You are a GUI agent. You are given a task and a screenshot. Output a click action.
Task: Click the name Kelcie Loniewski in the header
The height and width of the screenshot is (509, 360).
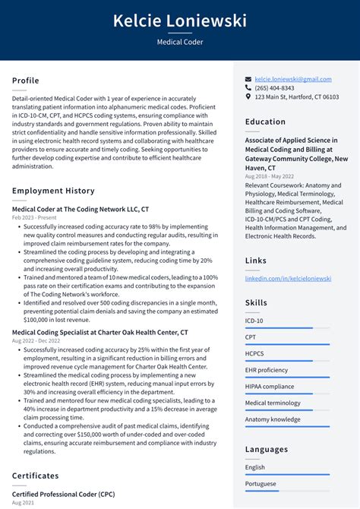click(x=180, y=21)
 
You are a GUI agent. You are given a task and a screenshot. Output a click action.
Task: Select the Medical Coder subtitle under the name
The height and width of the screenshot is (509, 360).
click(x=180, y=43)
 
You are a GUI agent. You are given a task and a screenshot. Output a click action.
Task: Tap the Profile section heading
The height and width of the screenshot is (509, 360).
click(x=26, y=81)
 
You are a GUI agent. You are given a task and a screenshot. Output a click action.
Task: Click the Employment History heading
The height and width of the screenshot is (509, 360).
click(x=53, y=191)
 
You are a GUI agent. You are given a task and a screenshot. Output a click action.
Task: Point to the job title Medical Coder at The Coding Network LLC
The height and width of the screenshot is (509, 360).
click(x=81, y=209)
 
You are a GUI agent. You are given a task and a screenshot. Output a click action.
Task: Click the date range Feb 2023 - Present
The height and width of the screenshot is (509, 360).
click(x=35, y=217)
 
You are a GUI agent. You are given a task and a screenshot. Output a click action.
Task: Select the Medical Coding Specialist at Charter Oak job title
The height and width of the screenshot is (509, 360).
click(x=100, y=333)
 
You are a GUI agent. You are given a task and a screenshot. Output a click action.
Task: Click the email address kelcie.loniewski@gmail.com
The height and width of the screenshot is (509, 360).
click(x=293, y=79)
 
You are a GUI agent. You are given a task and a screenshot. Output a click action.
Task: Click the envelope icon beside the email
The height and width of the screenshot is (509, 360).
click(x=248, y=79)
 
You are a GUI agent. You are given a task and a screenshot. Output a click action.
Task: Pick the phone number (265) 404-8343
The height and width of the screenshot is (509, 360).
click(x=274, y=88)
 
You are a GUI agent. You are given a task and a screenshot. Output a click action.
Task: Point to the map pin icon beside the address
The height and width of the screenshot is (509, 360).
click(x=248, y=97)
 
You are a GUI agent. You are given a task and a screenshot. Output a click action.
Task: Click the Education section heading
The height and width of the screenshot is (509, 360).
click(x=265, y=122)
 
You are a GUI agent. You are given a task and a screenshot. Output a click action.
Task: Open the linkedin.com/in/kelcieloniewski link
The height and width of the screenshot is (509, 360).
click(x=288, y=279)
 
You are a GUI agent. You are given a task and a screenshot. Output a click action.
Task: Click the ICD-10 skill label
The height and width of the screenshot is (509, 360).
click(x=255, y=320)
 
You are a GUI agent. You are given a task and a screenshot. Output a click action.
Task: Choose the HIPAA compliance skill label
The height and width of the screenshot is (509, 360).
click(x=270, y=386)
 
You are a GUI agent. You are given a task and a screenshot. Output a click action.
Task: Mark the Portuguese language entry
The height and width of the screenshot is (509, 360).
click(x=261, y=484)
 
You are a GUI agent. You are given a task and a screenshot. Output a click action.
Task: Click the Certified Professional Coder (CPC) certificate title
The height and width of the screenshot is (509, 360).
click(x=64, y=495)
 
